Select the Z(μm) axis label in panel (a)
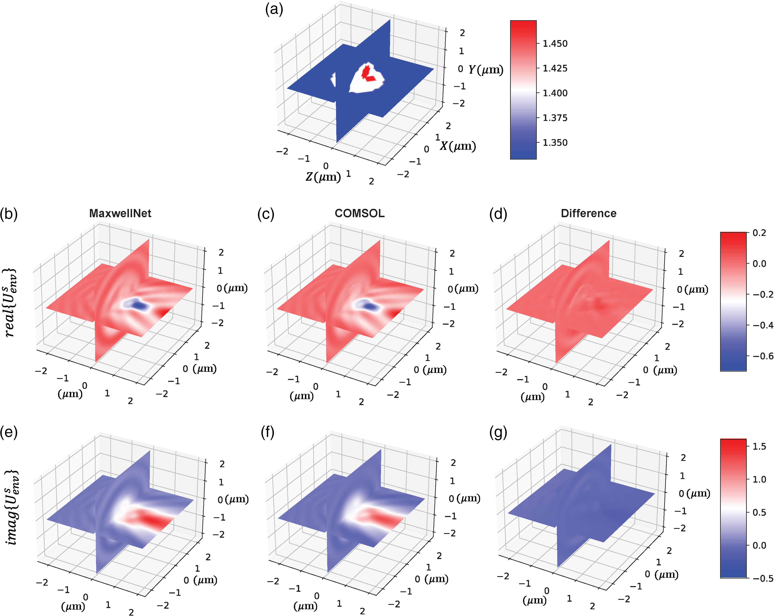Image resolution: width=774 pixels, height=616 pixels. point(323,177)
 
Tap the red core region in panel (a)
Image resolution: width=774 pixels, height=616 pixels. point(367,73)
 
